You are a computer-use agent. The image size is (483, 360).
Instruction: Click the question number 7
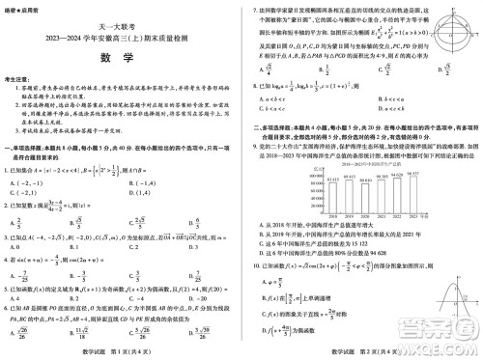click(253, 9)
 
